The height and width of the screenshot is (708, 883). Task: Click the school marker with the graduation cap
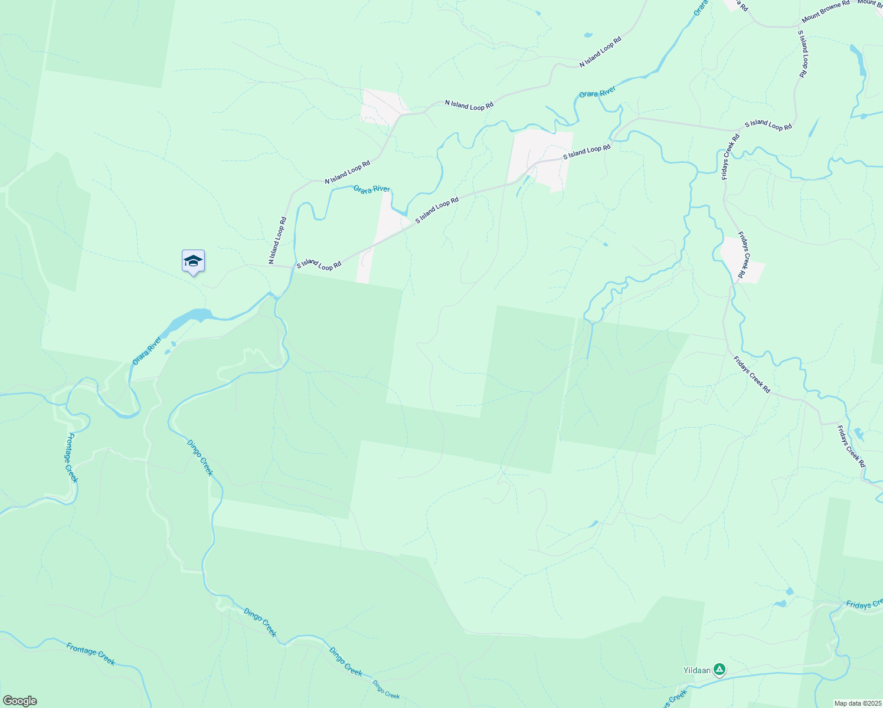tap(193, 261)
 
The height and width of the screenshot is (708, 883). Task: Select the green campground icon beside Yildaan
tap(719, 669)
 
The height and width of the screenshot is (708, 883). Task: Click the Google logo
tap(19, 701)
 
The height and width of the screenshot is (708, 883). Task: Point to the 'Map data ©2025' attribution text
tap(858, 703)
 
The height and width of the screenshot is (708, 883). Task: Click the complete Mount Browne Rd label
tap(825, 11)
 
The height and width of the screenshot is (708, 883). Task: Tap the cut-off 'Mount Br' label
tap(870, 3)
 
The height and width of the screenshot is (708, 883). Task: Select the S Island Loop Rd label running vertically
tap(802, 54)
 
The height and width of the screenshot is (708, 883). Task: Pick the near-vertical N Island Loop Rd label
tap(277, 240)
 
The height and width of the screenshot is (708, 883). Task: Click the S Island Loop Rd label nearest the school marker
tap(319, 265)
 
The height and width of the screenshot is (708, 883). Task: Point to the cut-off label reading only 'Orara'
tap(701, 8)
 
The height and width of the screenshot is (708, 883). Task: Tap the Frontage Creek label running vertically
tap(71, 457)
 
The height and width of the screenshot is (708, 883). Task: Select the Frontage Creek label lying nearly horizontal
tap(90, 653)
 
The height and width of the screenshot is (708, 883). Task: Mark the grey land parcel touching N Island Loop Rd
tap(381, 106)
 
